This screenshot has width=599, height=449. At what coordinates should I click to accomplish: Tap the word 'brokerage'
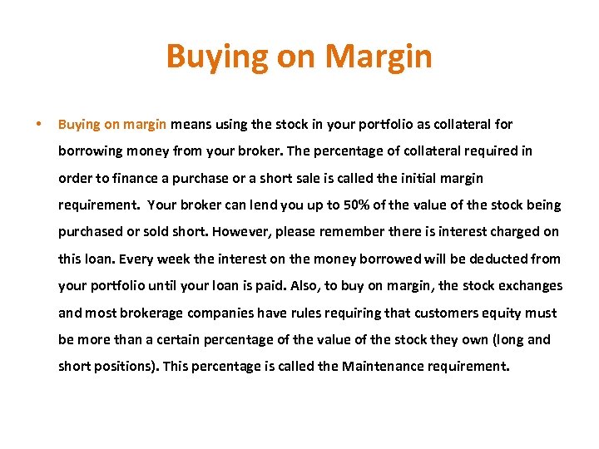tap(151, 313)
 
